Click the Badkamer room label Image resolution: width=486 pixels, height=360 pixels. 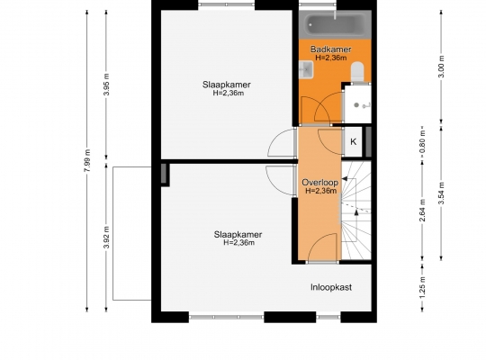330,49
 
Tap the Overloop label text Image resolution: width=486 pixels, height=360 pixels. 320,183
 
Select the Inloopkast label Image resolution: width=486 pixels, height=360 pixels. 331,287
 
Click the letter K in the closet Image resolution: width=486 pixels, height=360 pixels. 354,141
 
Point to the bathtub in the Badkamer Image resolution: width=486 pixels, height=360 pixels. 335,24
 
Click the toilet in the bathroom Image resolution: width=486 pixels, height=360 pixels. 357,72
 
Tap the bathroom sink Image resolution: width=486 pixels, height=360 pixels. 306,70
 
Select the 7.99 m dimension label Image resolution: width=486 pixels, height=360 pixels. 87,160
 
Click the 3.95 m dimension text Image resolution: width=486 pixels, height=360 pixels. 106,85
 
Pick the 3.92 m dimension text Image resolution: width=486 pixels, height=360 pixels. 106,238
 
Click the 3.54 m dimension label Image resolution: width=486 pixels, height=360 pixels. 442,193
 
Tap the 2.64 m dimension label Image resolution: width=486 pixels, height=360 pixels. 422,211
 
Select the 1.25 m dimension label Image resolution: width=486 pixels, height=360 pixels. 422,287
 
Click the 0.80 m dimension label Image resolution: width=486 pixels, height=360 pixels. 422,145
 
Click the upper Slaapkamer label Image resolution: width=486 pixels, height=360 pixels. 227,85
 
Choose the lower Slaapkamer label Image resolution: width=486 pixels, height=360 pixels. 238,234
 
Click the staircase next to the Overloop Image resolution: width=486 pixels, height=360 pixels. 356,211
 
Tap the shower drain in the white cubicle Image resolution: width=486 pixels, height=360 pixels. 356,105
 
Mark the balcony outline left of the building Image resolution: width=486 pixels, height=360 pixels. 112,233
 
